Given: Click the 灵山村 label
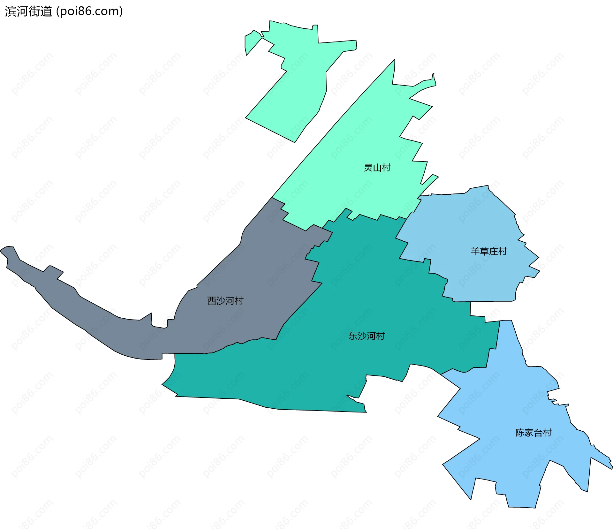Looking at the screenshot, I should [x=377, y=168].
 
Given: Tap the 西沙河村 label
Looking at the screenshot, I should [x=225, y=301].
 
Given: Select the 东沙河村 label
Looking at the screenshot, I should [x=367, y=336].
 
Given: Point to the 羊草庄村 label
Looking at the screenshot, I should [x=488, y=252].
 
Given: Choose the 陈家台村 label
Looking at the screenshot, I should [x=534, y=433].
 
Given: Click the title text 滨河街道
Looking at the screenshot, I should [x=28, y=11].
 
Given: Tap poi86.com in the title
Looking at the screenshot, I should [x=89, y=11].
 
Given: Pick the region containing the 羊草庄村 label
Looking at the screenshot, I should [x=473, y=223].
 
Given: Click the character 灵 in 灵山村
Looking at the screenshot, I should [x=368, y=168].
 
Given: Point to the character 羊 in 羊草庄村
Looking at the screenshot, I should [x=475, y=252].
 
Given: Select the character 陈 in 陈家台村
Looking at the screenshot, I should [x=520, y=433].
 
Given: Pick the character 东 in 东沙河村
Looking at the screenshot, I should [x=353, y=336].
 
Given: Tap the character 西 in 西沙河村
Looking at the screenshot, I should [x=212, y=301].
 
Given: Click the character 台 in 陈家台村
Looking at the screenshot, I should [x=538, y=433].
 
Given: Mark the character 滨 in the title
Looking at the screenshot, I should [x=11, y=11].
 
